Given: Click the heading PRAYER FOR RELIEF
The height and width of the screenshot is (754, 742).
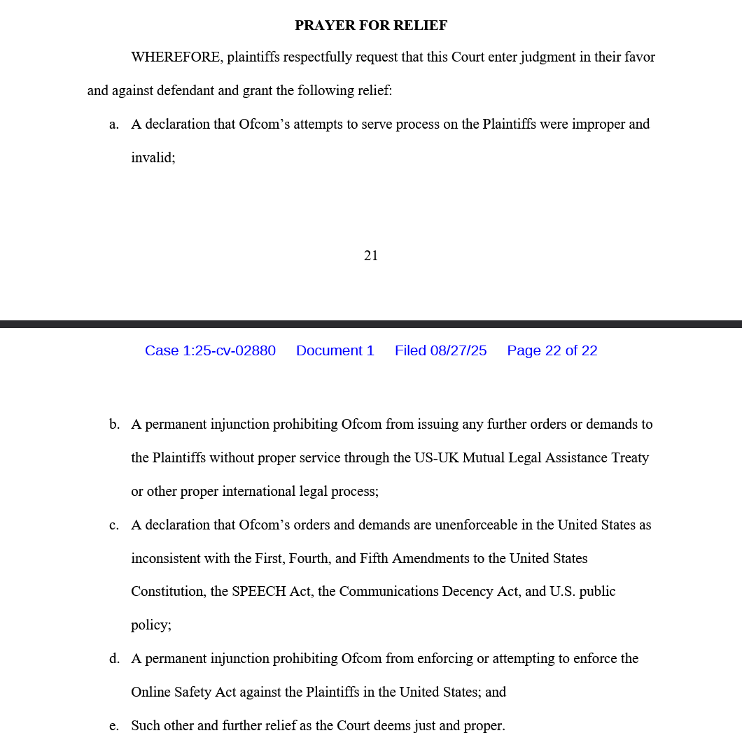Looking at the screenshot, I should tap(371, 26).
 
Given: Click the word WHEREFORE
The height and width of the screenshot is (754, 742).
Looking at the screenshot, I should tap(176, 57).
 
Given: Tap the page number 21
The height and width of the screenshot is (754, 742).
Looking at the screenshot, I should tap(371, 256).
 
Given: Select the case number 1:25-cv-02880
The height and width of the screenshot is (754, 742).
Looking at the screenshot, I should tap(210, 350).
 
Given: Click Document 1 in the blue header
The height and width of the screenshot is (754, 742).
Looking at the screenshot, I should tap(335, 350).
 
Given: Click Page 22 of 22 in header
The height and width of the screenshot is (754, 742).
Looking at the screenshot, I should tap(552, 350).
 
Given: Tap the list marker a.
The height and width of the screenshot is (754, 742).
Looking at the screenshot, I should tap(114, 125).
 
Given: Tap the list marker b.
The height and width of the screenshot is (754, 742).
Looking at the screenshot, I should tap(114, 425).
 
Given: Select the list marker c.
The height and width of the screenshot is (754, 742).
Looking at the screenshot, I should tap(114, 525).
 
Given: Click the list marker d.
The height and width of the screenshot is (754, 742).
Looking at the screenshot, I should tap(114, 659).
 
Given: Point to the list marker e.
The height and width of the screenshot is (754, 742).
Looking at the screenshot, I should tap(114, 726).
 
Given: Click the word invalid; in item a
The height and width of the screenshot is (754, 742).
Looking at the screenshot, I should tap(153, 158).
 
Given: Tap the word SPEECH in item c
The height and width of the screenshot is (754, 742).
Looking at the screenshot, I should tap(260, 592).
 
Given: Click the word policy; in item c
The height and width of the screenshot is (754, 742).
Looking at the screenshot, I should tap(150, 625).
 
